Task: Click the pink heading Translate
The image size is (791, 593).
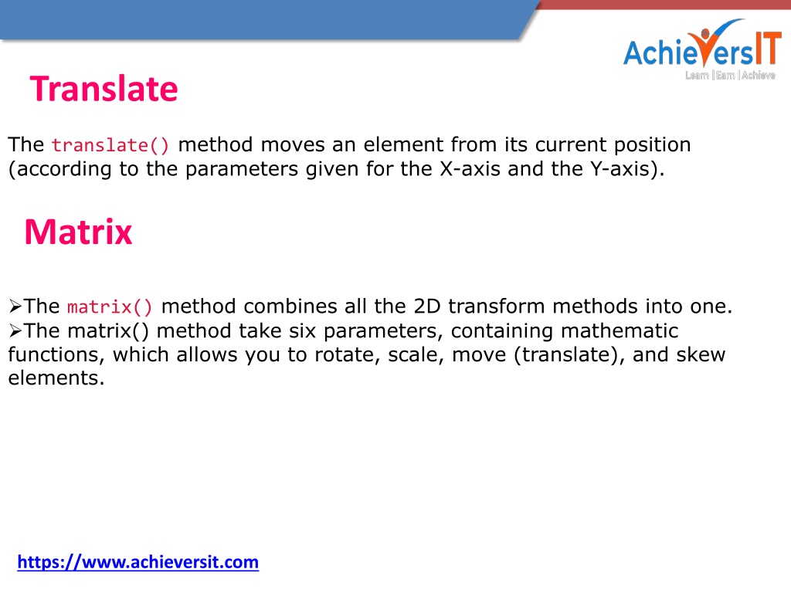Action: tap(104, 89)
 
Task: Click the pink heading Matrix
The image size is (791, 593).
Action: tap(78, 232)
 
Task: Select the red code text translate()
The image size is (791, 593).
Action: tap(110, 145)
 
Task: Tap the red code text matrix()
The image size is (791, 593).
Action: tap(110, 307)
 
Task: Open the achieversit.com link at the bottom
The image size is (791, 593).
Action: tap(137, 562)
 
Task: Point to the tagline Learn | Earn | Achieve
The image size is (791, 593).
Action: tap(730, 75)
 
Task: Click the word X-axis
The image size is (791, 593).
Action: tap(470, 169)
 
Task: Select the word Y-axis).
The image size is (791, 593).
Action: tap(627, 169)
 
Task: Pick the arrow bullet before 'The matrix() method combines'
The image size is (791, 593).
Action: tap(15, 306)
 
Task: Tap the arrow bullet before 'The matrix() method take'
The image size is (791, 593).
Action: tap(15, 330)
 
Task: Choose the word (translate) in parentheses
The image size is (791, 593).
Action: tap(569, 354)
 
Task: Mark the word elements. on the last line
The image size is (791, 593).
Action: tap(56, 378)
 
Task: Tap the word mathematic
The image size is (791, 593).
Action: tap(620, 330)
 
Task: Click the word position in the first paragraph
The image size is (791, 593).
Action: tap(652, 145)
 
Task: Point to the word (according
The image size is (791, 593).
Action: tap(60, 169)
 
